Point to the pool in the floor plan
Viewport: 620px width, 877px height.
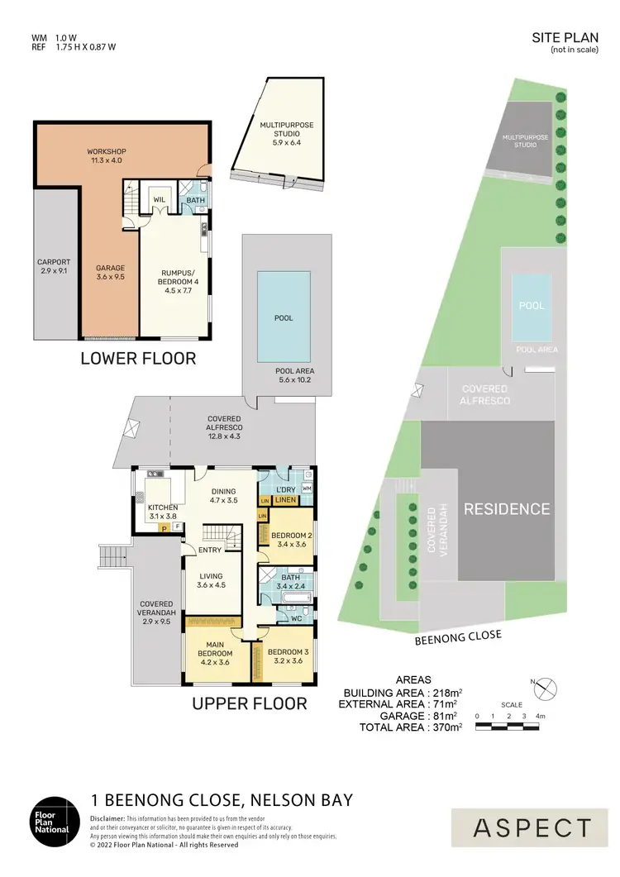coord(284,317)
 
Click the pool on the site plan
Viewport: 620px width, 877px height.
coord(532,306)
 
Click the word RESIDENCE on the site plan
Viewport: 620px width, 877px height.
coord(506,509)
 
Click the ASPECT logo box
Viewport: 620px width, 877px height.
coord(533,827)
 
